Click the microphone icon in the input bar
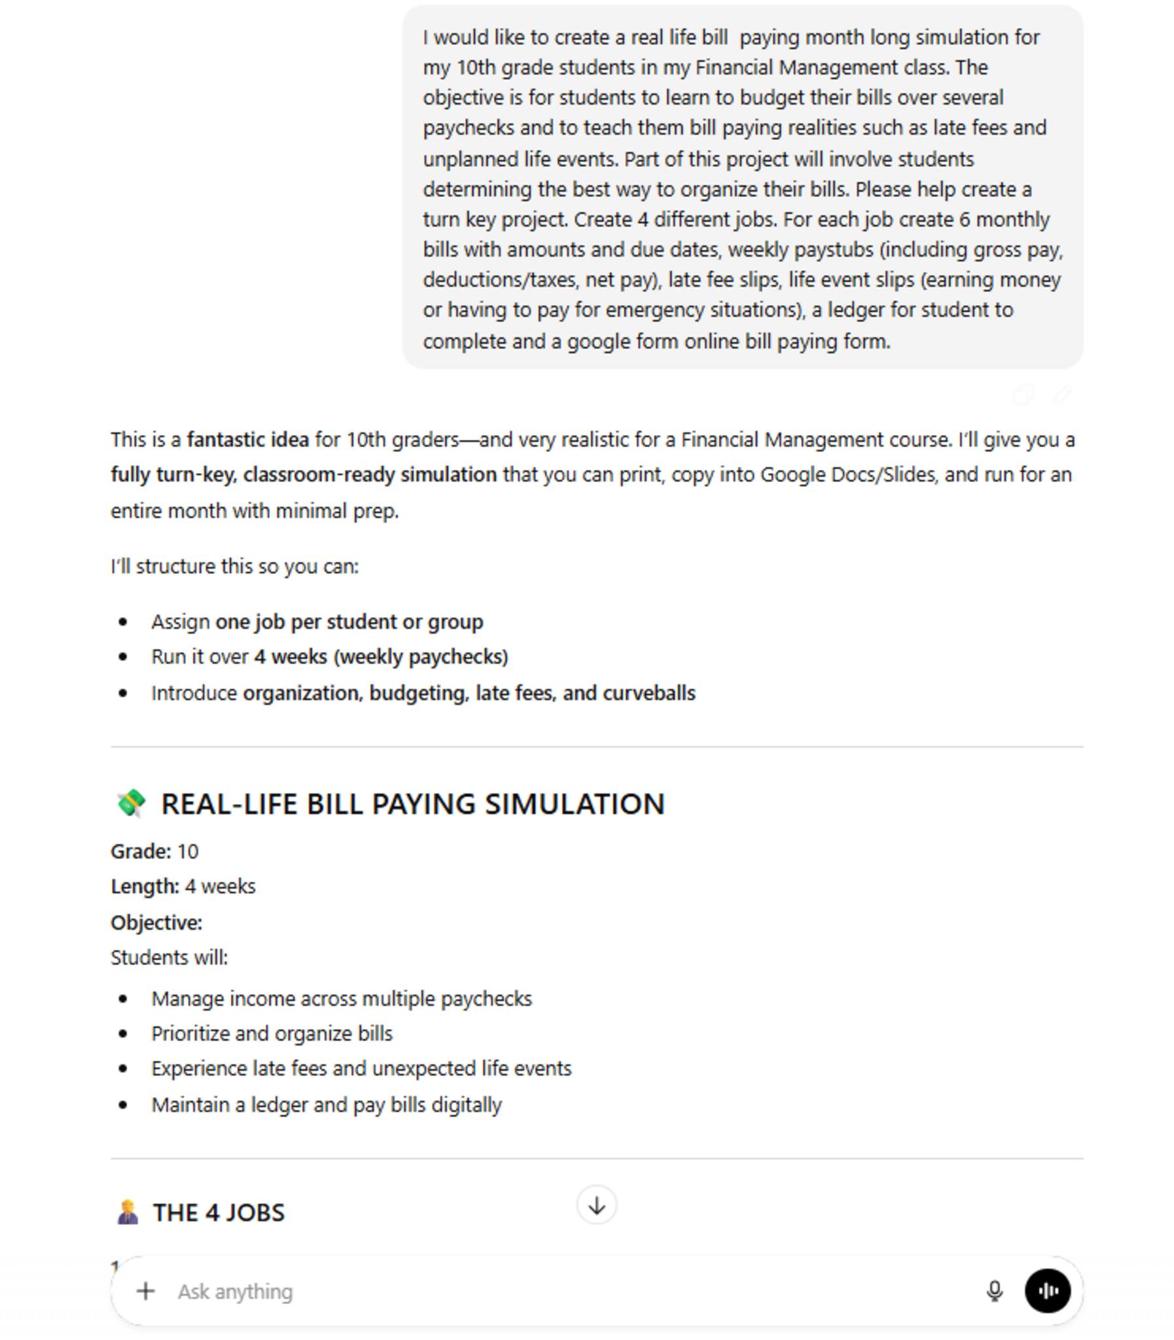point(994,1291)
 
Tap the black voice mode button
point(1047,1291)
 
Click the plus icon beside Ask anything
point(145,1291)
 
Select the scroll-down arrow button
point(596,1205)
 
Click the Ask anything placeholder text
point(235,1292)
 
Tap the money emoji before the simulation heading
point(131,803)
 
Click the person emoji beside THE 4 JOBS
point(128,1212)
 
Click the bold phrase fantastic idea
point(247,440)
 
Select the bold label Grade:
point(141,851)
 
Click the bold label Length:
point(145,886)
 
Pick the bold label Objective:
point(156,922)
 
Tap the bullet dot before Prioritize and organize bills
point(123,1034)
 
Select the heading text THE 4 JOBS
point(219,1213)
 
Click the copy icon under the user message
point(1023,395)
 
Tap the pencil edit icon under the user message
point(1063,395)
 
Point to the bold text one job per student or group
point(349,622)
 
